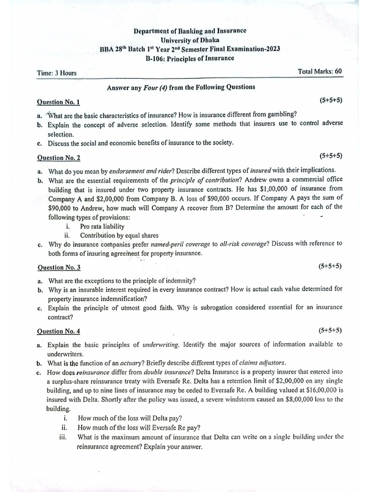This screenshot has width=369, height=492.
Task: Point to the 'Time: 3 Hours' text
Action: coord(57,73)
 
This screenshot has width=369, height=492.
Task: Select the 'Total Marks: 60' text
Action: coord(320,71)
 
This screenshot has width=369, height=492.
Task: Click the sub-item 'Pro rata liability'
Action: coord(102,226)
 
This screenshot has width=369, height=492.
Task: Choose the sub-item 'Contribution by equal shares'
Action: coord(119,235)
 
